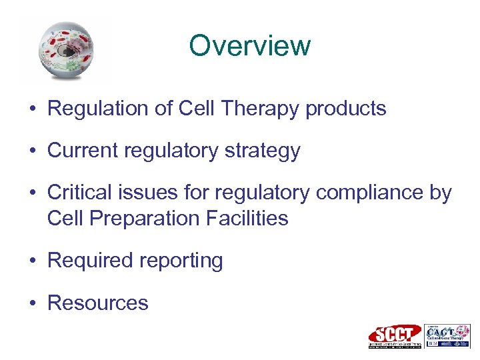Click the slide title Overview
[x=249, y=46]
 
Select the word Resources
[x=98, y=303]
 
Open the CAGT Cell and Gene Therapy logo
[x=447, y=336]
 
